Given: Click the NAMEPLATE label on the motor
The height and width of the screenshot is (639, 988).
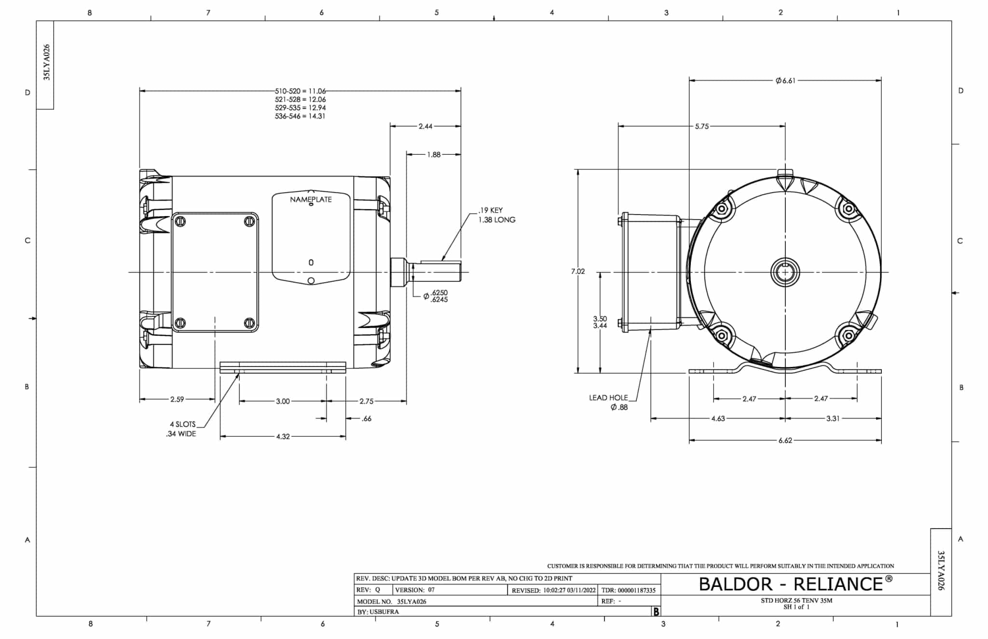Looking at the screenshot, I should point(311,199).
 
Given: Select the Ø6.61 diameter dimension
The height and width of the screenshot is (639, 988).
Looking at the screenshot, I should point(785,81).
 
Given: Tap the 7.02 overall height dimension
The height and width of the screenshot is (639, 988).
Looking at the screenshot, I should point(577,272).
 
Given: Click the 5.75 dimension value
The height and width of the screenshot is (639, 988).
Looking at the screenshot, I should point(701,126).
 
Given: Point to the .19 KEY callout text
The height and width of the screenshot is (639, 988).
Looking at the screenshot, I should point(491,210).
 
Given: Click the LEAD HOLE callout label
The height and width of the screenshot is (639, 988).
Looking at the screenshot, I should point(608,398).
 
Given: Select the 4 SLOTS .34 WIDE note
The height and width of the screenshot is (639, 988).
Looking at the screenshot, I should point(182,429).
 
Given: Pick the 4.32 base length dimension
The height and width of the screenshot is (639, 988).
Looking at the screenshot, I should point(283,437).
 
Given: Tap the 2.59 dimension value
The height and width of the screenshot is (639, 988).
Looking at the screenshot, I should point(177,399).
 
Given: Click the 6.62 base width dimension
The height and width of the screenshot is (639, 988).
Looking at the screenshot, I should point(785,440).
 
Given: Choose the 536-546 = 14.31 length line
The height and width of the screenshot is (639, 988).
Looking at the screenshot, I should point(300,116).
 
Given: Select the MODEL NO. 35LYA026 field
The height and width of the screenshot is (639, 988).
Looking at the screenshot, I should point(392,601).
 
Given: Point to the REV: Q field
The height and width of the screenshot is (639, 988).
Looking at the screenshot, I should point(369,590).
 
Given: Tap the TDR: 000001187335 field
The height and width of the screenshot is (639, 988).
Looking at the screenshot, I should point(629,590).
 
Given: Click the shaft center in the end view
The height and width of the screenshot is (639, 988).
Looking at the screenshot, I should point(785,272).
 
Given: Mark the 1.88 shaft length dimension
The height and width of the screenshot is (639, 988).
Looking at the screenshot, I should point(433,155).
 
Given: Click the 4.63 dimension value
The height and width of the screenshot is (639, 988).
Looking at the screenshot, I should point(718,419).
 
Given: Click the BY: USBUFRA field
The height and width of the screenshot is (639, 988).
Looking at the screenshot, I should point(378,612).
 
